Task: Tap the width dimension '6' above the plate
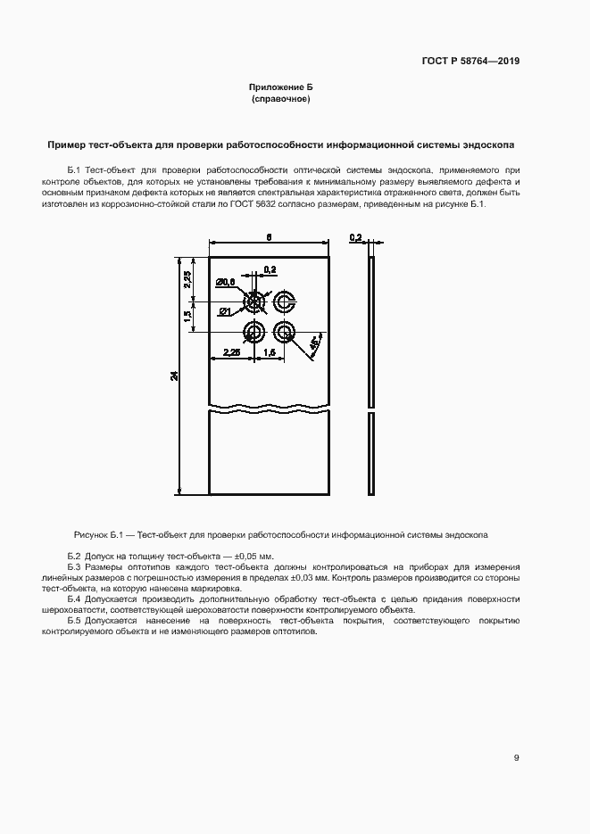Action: pos(268,237)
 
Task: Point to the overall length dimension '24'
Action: pos(175,376)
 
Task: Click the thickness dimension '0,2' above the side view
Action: pos(355,237)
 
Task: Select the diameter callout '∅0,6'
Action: pos(225,282)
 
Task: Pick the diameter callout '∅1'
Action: pos(225,310)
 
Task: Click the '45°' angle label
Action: pos(314,343)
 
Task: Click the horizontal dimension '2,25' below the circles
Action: pos(230,352)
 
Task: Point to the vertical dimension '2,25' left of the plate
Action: pos(187,278)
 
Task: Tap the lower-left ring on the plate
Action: pos(253,333)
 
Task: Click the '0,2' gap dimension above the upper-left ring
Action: pos(270,268)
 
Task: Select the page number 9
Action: pos(517,757)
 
